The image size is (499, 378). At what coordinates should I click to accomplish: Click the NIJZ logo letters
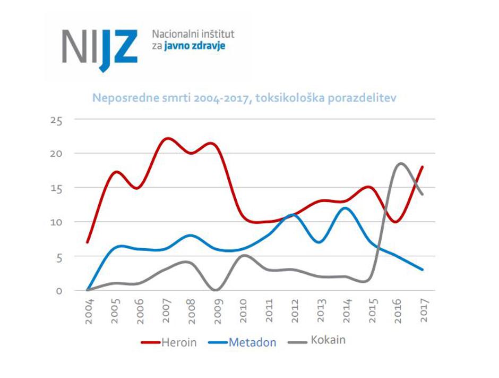point(99,46)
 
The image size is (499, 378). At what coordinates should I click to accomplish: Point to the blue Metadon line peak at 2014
point(346,208)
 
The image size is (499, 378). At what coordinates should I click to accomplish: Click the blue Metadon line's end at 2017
point(423,270)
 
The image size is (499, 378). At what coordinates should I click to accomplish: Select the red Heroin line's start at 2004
point(88,242)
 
